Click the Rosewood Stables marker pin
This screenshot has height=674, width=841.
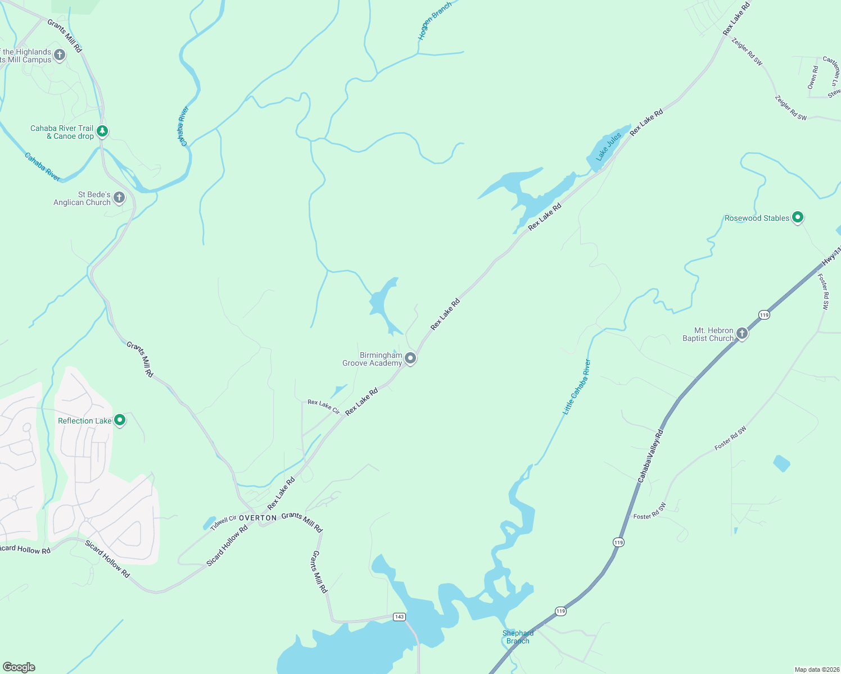click(797, 217)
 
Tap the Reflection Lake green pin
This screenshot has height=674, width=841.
click(119, 420)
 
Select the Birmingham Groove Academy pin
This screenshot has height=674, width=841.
click(411, 358)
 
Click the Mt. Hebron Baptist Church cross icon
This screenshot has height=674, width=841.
click(742, 334)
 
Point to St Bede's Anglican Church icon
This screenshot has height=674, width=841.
click(119, 197)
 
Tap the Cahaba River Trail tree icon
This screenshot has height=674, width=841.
click(102, 131)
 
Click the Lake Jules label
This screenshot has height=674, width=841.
click(609, 147)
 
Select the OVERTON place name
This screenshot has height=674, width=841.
click(258, 518)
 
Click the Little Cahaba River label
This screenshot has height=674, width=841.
click(577, 387)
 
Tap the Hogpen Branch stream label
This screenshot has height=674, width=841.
click(435, 21)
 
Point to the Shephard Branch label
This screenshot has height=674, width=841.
click(518, 637)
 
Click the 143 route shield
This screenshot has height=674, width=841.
click(399, 617)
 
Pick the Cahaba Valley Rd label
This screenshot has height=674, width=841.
click(651, 456)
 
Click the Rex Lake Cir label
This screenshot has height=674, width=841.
click(324, 407)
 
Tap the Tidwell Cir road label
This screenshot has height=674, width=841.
click(223, 523)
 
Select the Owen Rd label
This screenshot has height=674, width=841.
click(813, 78)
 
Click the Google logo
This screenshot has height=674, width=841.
click(19, 667)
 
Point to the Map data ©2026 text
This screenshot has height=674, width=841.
click(816, 670)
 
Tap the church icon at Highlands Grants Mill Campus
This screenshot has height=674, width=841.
click(60, 55)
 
